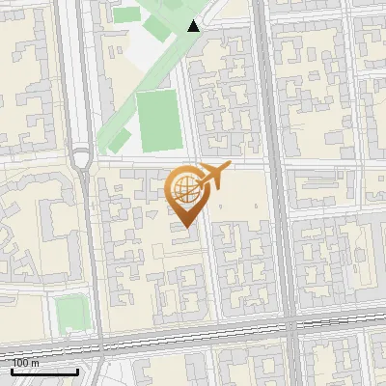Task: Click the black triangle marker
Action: pos(194,26)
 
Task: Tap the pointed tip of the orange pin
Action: pos(186,227)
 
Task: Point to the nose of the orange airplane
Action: pos(229,167)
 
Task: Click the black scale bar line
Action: pos(44,372)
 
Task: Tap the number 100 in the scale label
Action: pos(22,363)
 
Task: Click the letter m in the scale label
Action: pos(36,363)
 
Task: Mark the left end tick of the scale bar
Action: pos(12,371)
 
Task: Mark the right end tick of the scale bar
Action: pos(77,371)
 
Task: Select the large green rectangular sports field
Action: pos(156,119)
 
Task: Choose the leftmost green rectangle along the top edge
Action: pos(126,14)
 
